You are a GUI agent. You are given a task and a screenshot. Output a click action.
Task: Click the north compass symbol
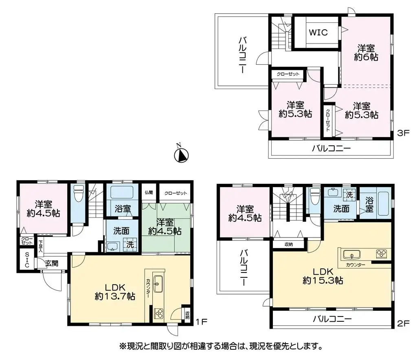click(181, 154)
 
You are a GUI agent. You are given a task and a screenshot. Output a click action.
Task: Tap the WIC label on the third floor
click(318, 33)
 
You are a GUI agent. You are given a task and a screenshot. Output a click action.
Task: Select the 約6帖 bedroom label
click(366, 53)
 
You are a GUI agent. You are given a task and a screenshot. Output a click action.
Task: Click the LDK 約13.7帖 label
click(115, 292)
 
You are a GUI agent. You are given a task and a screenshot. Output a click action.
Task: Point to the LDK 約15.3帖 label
click(323, 276)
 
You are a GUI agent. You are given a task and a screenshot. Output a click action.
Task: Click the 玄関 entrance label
click(52, 263)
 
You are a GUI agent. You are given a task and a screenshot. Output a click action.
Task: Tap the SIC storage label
click(27, 260)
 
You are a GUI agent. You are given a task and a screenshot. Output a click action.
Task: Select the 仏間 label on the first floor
click(149, 192)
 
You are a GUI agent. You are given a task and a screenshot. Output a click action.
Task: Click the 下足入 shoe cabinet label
click(40, 246)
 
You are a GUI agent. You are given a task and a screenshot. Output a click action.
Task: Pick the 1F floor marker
click(202, 322)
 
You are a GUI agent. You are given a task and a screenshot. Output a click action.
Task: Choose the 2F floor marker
click(403, 323)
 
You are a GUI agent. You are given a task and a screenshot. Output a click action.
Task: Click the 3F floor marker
click(403, 133)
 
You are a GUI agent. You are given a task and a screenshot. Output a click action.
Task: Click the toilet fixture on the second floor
click(315, 196)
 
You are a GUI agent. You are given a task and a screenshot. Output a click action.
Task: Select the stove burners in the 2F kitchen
click(381, 254)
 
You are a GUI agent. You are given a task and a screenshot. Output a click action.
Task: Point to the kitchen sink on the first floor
click(158, 284)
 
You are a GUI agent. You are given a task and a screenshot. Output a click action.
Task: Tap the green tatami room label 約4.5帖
click(165, 227)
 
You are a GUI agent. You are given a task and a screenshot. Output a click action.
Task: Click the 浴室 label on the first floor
click(123, 209)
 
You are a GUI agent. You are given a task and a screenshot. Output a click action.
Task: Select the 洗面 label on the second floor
click(341, 209)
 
